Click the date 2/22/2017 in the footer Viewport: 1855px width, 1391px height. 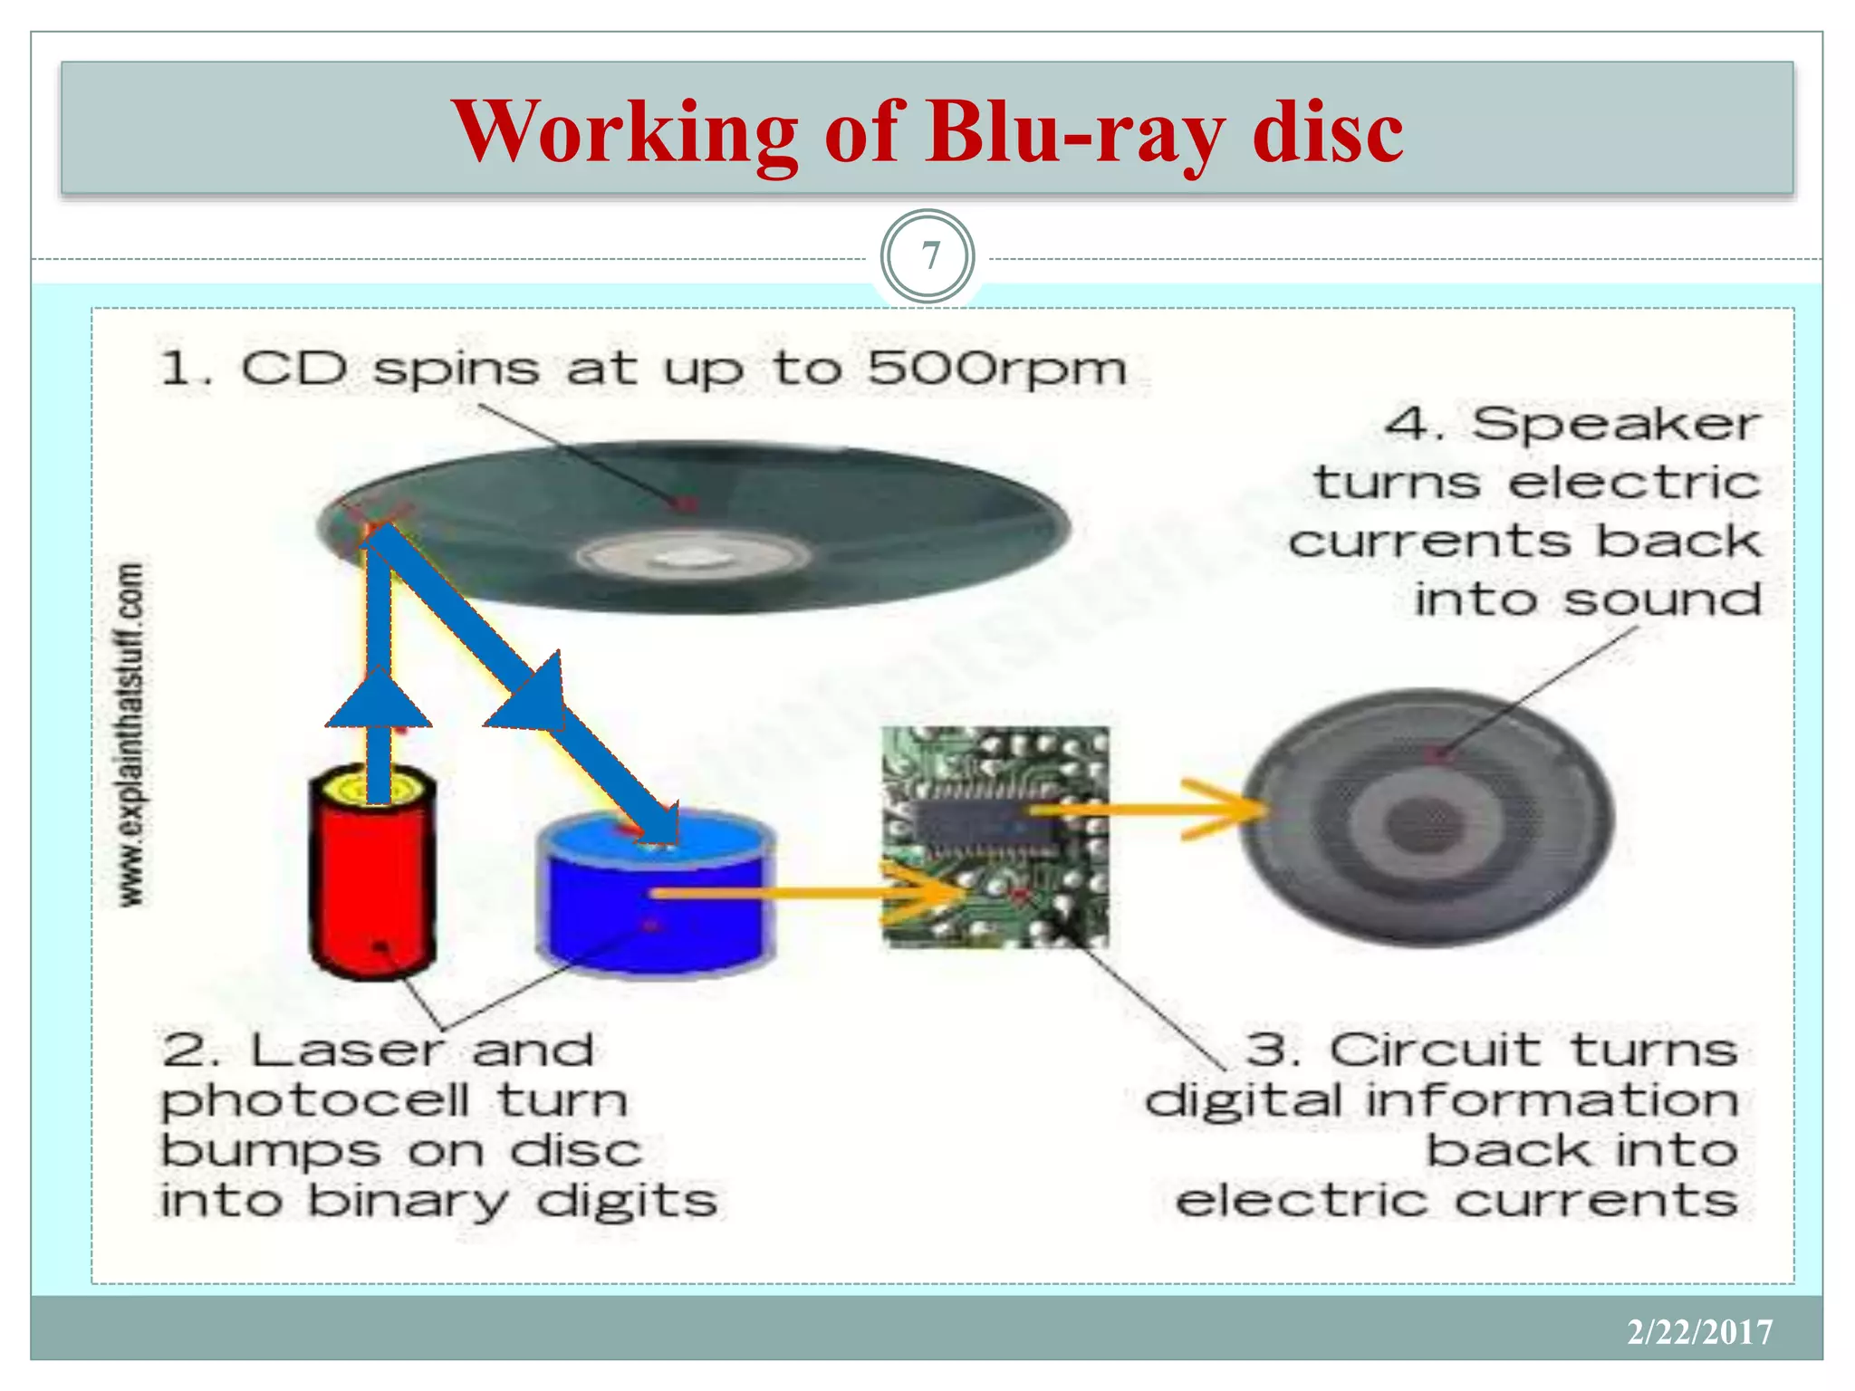click(x=1699, y=1331)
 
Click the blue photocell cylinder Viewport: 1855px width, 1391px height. click(x=654, y=915)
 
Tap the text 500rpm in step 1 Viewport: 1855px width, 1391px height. click(x=996, y=369)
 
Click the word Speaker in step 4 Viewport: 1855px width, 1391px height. click(x=1615, y=424)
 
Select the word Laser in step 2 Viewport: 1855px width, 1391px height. click(x=346, y=1051)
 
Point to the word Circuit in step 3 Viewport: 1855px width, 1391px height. click(x=1435, y=1051)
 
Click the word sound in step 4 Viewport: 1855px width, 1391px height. click(x=1662, y=600)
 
